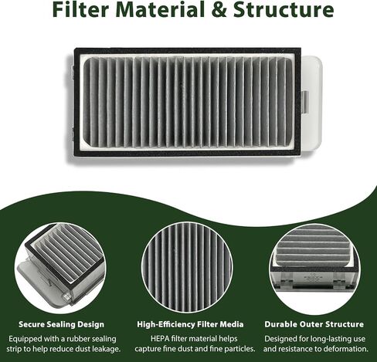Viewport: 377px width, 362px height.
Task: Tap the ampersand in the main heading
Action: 221,9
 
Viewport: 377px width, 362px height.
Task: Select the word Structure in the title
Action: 284,9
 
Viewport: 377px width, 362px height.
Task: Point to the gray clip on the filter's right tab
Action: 305,102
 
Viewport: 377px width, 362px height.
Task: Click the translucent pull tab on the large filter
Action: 311,103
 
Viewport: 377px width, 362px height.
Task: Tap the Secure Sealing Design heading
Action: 61,324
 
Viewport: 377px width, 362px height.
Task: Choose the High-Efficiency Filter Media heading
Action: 190,324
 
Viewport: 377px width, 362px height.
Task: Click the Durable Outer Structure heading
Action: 314,324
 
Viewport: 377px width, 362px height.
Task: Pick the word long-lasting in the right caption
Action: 330,339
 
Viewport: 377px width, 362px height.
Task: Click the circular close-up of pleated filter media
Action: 187,268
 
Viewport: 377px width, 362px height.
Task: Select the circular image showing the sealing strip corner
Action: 60,268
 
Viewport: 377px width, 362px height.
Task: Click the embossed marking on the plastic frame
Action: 313,278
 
